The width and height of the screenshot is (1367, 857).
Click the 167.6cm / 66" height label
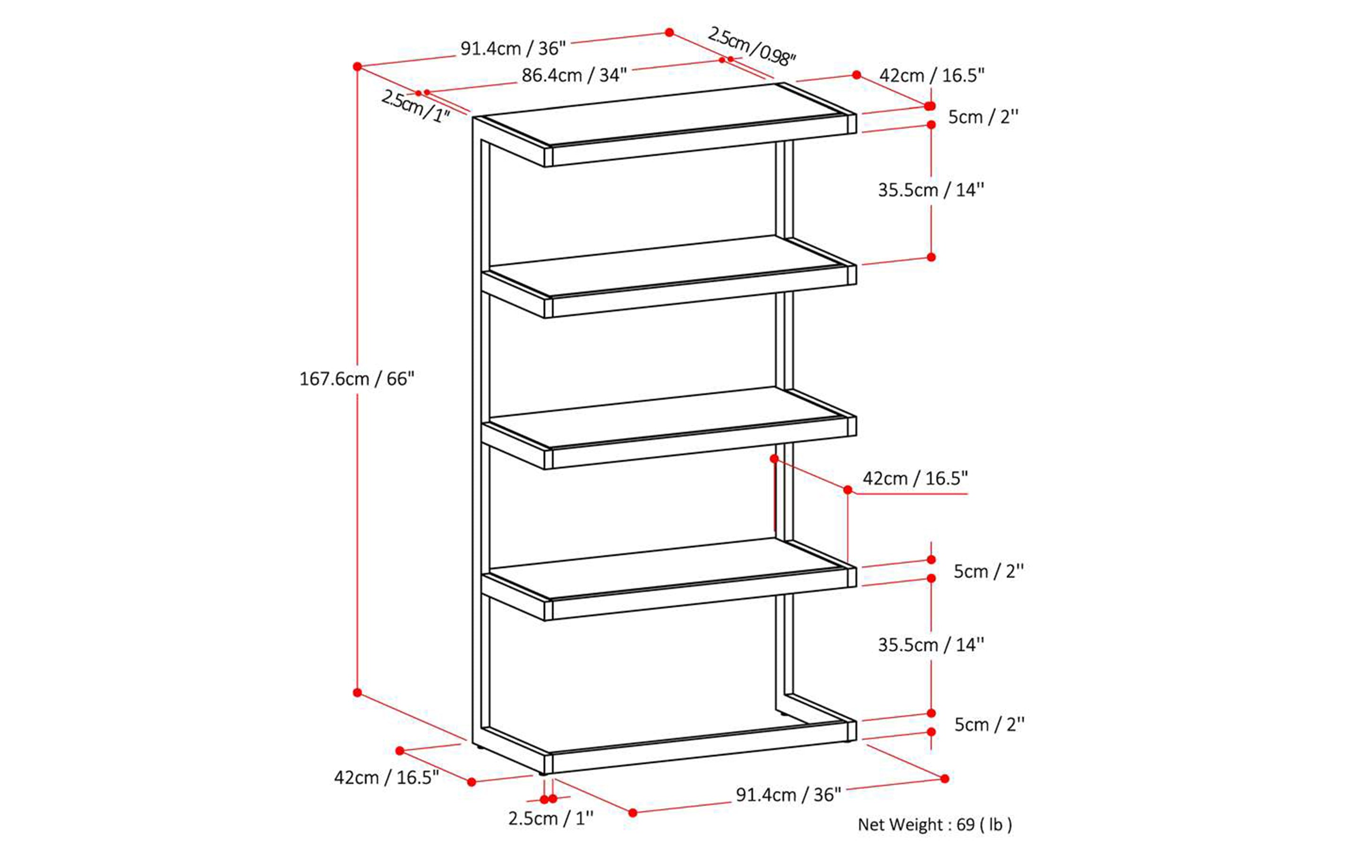pyautogui.click(x=357, y=379)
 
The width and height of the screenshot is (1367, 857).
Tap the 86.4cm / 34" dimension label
pyautogui.click(x=574, y=75)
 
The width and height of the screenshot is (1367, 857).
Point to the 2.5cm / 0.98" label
pyautogui.click(x=752, y=46)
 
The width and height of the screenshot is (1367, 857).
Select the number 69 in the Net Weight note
pyautogui.click(x=965, y=824)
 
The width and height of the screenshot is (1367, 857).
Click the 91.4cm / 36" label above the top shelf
pyautogui.click(x=512, y=49)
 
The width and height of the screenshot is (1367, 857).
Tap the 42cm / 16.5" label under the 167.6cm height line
pyautogui.click(x=386, y=777)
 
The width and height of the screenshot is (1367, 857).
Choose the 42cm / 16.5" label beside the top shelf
pyautogui.click(x=931, y=75)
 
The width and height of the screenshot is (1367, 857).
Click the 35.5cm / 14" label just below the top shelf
pyautogui.click(x=931, y=190)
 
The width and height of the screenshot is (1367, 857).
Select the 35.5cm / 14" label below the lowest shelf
pyautogui.click(x=931, y=644)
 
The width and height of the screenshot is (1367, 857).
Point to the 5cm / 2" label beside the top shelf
pyautogui.click(x=983, y=117)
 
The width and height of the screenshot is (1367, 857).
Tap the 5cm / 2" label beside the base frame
pyautogui.click(x=989, y=724)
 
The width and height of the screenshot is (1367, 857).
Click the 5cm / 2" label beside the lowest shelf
pyautogui.click(x=989, y=571)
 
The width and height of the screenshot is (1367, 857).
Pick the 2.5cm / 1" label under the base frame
pyautogui.click(x=551, y=819)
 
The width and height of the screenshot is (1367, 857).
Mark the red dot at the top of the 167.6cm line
pyautogui.click(x=357, y=66)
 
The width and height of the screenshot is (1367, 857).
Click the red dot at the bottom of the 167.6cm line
pyautogui.click(x=357, y=693)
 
